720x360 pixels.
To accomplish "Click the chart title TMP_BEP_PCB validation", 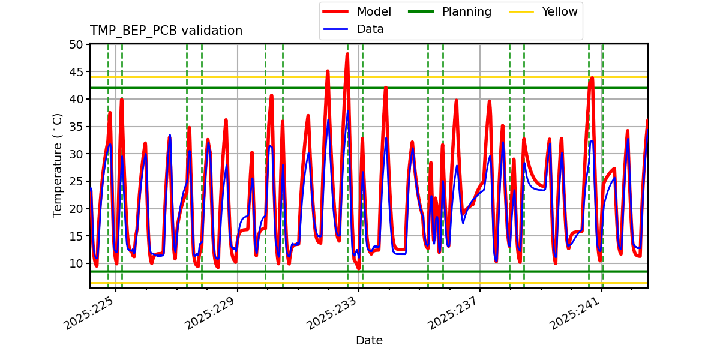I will point(166,31).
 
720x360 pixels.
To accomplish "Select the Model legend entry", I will point(374,12).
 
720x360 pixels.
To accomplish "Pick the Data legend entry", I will point(370,29).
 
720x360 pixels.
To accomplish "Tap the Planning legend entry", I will point(466,12).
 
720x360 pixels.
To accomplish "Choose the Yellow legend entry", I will point(559,12).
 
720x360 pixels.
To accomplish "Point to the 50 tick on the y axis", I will point(76,44).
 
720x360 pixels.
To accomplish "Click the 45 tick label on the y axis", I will point(76,72).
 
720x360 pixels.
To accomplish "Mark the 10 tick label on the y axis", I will point(76,263).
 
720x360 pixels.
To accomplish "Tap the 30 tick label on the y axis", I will point(76,154).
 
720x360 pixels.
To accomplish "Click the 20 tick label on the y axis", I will point(76,209).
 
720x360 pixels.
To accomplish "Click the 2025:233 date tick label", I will point(332,312).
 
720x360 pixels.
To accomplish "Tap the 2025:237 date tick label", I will point(453,312).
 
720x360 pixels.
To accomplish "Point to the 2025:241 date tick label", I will point(575,312).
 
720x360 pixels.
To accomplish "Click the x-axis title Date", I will point(369,341).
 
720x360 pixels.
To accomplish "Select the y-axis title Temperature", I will point(58,165).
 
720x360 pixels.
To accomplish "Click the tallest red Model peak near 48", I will point(347,55).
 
